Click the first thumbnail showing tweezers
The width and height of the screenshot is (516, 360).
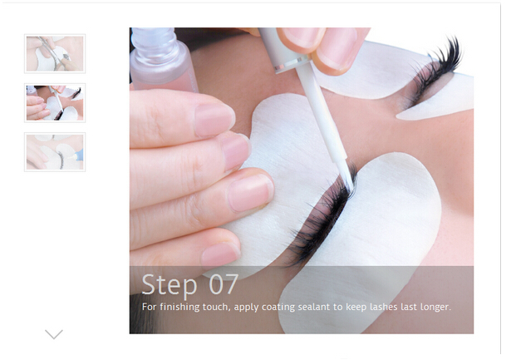55,53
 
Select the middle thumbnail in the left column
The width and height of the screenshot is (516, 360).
55,103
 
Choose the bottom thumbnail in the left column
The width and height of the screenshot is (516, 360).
55,152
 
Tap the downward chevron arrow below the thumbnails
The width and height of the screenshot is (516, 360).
54,334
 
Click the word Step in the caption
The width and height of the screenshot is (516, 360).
170,285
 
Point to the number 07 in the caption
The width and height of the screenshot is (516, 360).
224,284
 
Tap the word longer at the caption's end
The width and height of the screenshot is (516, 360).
435,308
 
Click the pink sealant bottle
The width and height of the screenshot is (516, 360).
163,60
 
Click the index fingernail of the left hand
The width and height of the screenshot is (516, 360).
214,119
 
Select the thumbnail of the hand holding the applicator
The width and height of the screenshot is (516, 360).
55,103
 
